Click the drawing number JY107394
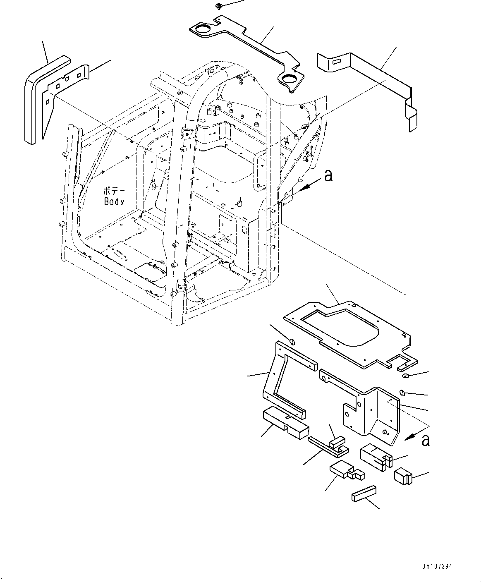[438, 566]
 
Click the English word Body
[114, 201]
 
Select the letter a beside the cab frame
[328, 176]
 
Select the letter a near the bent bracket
[425, 440]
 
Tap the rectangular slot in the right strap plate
[336, 62]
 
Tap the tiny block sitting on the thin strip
[336, 442]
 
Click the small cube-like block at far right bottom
[402, 476]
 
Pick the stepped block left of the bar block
[347, 470]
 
